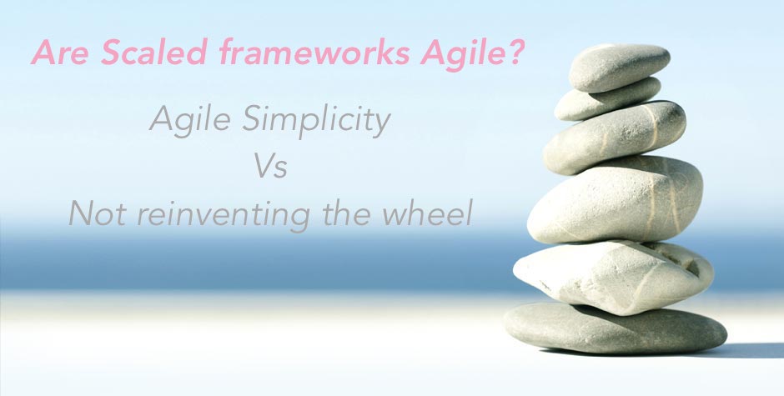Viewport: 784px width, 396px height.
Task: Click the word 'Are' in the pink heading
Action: tap(60, 52)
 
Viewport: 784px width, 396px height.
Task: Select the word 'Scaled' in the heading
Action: tap(154, 52)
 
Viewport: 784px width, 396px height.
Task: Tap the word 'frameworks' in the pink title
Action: tap(314, 52)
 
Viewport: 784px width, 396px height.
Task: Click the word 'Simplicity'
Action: tap(316, 123)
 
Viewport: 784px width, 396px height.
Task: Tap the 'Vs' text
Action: tap(270, 166)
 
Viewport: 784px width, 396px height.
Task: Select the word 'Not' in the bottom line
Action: tap(98, 213)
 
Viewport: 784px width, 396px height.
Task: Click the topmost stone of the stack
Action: tap(619, 67)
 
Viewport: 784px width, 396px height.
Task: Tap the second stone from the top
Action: tap(607, 99)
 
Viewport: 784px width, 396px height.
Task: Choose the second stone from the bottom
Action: tap(613, 277)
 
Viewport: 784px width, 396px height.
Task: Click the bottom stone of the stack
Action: tap(615, 328)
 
